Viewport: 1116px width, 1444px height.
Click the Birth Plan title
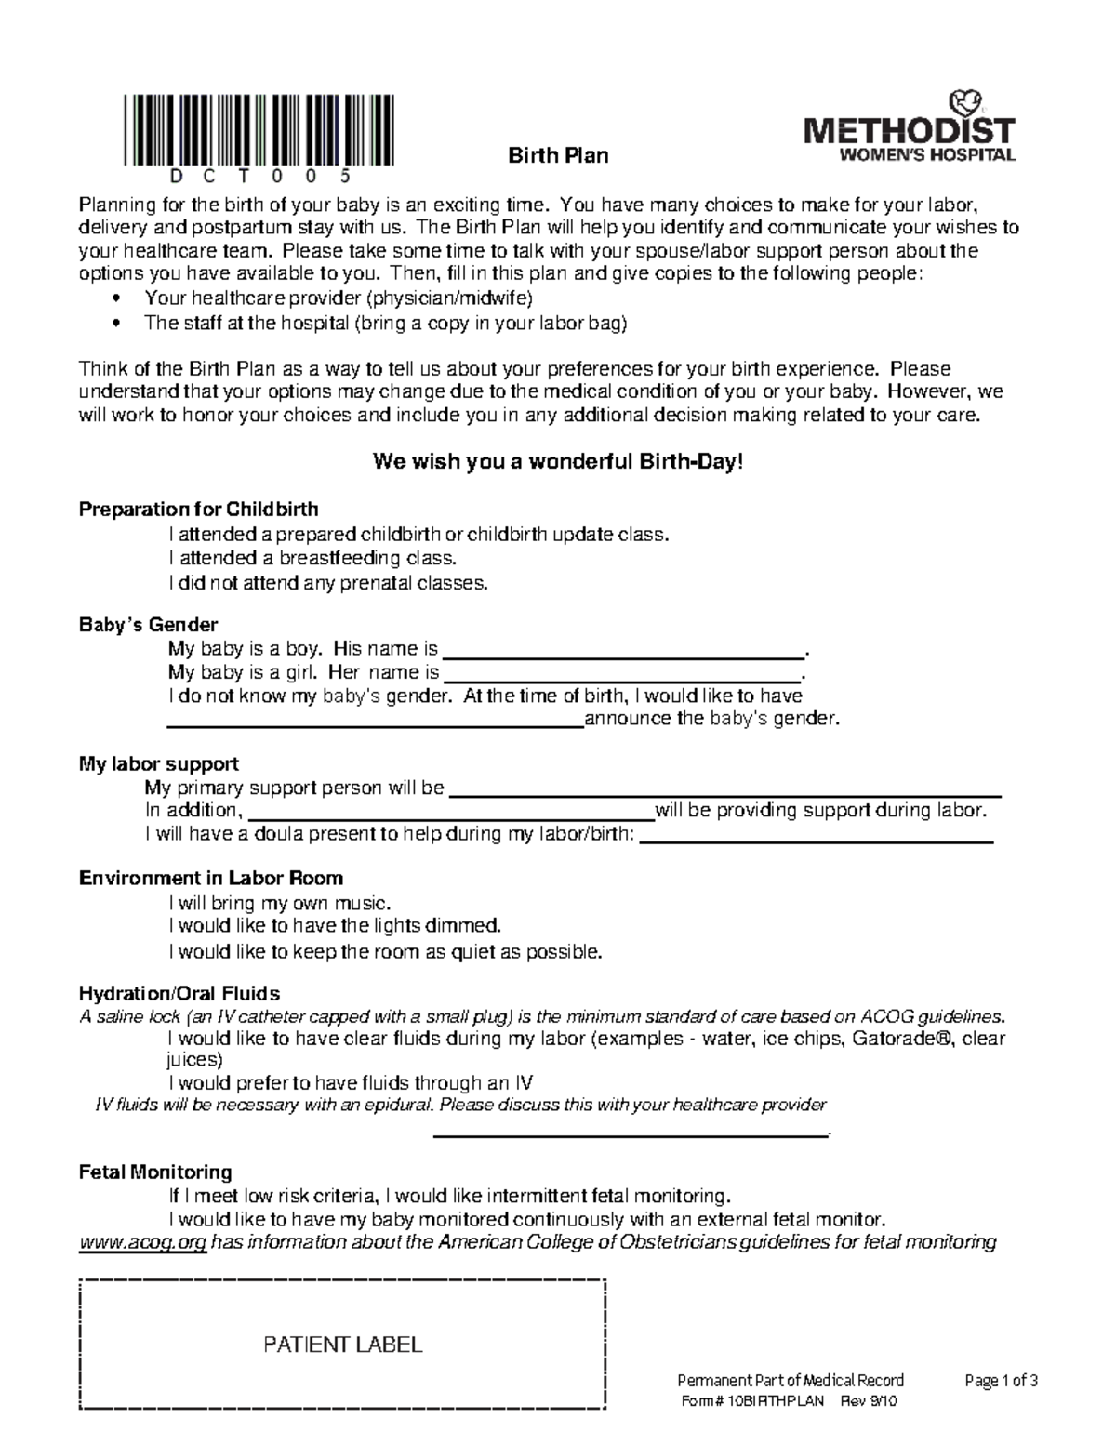click(558, 155)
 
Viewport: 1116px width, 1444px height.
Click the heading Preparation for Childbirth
click(199, 510)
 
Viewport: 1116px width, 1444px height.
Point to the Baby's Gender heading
click(149, 625)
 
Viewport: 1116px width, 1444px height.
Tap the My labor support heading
click(159, 764)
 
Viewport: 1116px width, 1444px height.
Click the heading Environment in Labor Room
click(211, 879)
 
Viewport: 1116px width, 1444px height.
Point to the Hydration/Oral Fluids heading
click(179, 994)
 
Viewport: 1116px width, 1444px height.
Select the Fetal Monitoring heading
click(155, 1172)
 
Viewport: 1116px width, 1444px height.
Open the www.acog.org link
click(143, 1243)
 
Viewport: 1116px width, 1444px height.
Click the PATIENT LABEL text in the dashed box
click(343, 1345)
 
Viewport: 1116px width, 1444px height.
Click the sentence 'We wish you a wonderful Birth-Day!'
click(558, 462)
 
